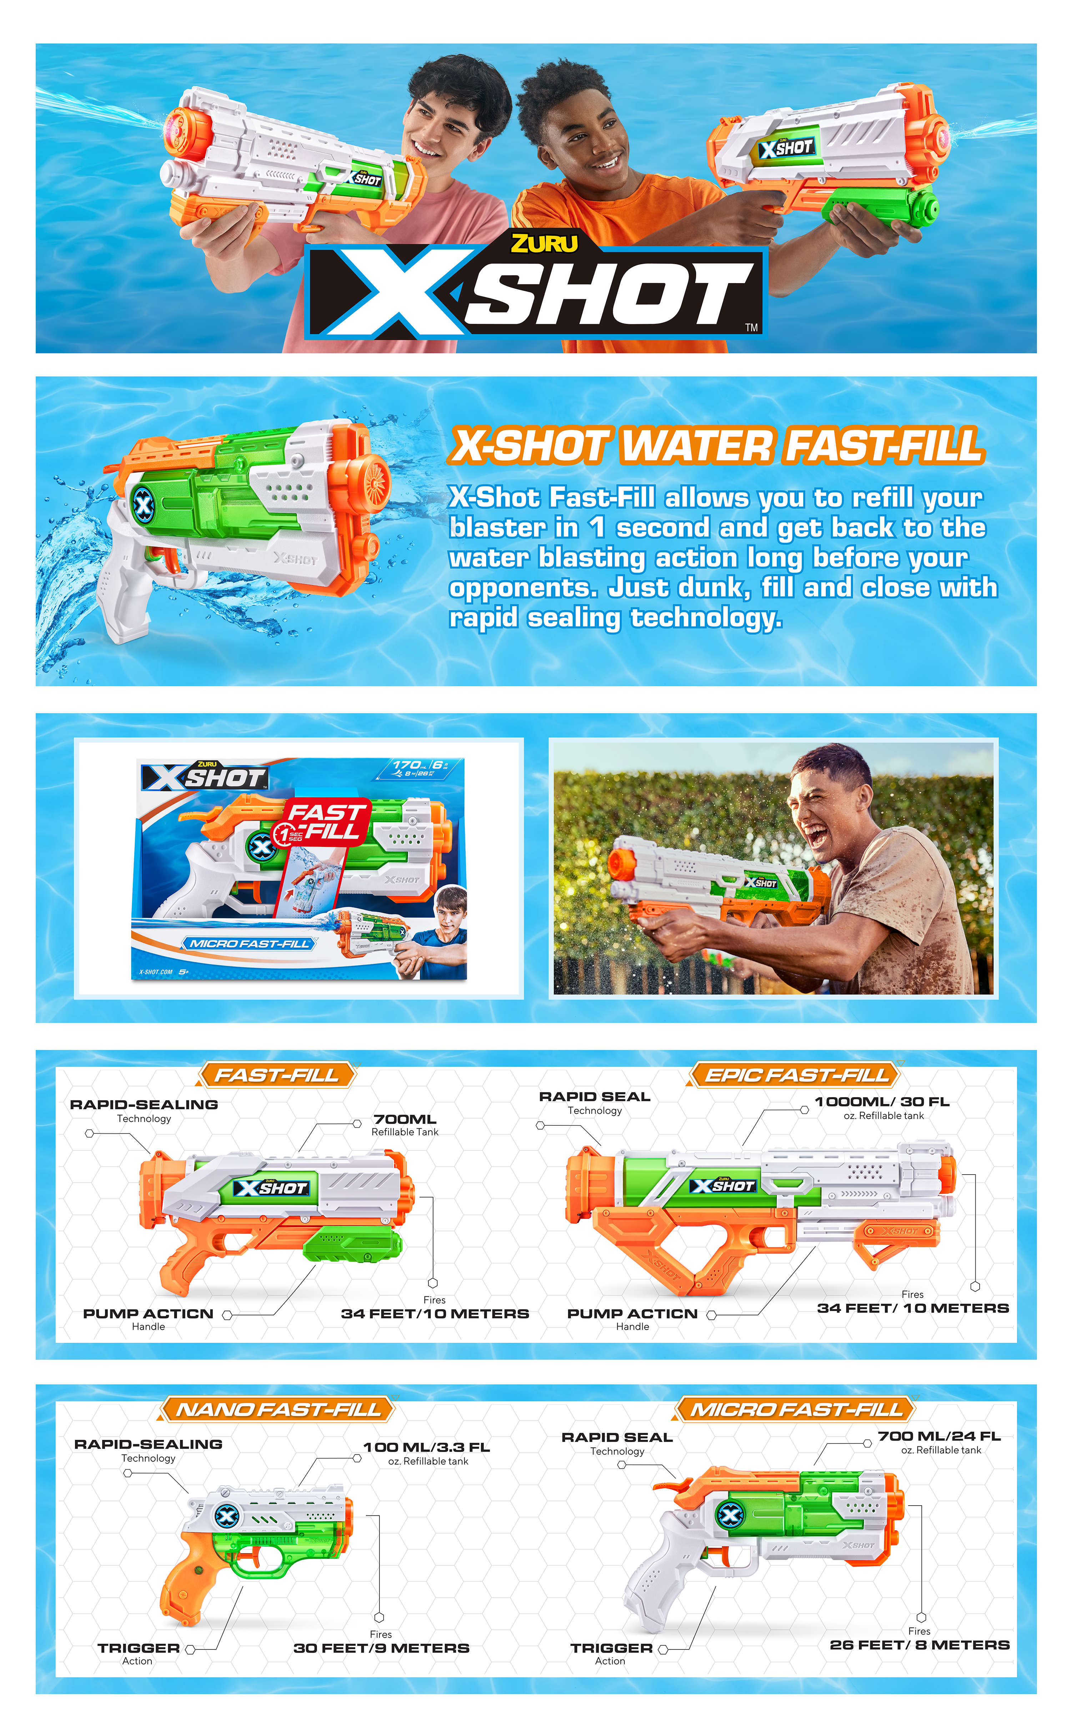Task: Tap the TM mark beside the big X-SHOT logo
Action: pyautogui.click(x=751, y=327)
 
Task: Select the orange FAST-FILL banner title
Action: pyautogui.click(x=276, y=1075)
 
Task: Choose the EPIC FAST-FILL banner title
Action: pyautogui.click(x=796, y=1075)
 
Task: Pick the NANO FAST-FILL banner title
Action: pyautogui.click(x=278, y=1409)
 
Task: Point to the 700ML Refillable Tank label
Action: pyautogui.click(x=405, y=1125)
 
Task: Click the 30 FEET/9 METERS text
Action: pyautogui.click(x=381, y=1648)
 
